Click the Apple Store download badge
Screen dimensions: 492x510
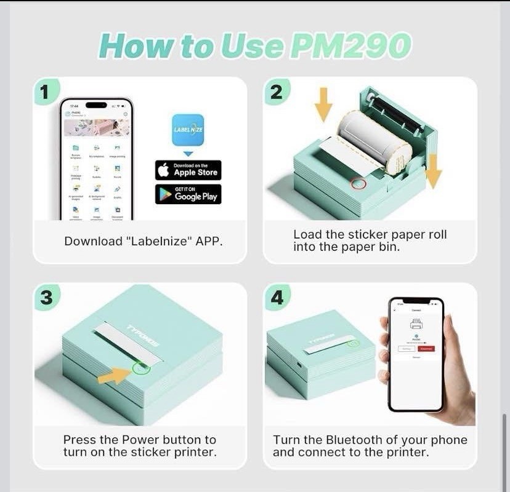(x=188, y=170)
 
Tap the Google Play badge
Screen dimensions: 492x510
(x=188, y=194)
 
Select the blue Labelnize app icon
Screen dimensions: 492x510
(x=188, y=130)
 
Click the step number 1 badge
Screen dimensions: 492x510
(x=44, y=92)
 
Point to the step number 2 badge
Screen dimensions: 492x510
(x=277, y=92)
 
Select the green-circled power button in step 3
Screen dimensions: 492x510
(x=141, y=368)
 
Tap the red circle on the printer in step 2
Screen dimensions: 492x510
(x=358, y=183)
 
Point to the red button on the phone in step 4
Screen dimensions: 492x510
(x=426, y=349)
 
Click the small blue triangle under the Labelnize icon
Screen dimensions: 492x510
(x=188, y=154)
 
